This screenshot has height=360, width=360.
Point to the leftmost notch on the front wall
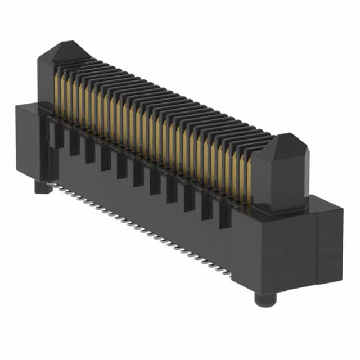[58, 135]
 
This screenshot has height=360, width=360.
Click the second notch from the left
[74, 143]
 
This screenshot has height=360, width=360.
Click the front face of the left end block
[27, 141]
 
